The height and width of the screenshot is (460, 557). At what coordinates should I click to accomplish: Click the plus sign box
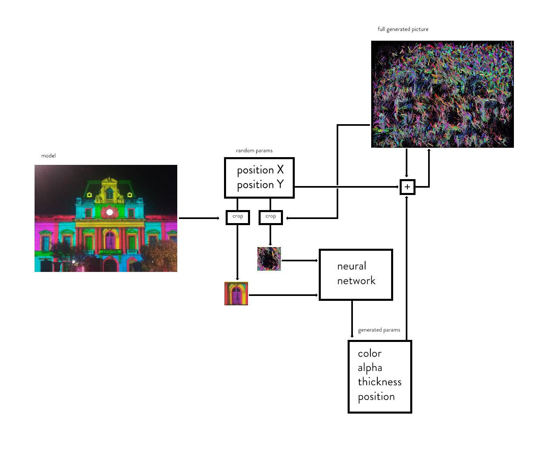(407, 187)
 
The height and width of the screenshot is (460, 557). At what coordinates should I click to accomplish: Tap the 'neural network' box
(356, 274)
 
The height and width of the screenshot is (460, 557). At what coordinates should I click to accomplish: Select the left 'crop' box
(238, 217)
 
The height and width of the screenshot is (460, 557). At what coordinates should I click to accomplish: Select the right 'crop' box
(271, 217)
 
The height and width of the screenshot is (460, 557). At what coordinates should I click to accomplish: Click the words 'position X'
(260, 170)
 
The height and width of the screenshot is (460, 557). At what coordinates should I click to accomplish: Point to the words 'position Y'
(260, 185)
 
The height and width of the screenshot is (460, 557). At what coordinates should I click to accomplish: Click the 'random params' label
(254, 151)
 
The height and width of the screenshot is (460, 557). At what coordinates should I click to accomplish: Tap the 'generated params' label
(379, 330)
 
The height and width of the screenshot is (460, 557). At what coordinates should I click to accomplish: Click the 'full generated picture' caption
(403, 29)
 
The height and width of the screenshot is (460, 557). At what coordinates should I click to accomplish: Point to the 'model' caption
(48, 156)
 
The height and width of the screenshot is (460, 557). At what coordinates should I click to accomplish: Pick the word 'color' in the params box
(370, 353)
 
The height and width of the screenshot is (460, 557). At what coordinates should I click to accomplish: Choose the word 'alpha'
(370, 368)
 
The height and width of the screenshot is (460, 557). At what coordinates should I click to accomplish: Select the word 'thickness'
(380, 382)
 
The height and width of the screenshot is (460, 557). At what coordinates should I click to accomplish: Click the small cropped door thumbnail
(236, 294)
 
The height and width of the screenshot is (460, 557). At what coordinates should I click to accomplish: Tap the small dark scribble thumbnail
(269, 259)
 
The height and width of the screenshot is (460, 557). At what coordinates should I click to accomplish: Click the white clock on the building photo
(109, 212)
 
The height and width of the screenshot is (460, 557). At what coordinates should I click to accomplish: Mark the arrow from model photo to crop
(199, 218)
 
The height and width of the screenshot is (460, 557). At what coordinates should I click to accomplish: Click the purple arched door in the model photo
(110, 240)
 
